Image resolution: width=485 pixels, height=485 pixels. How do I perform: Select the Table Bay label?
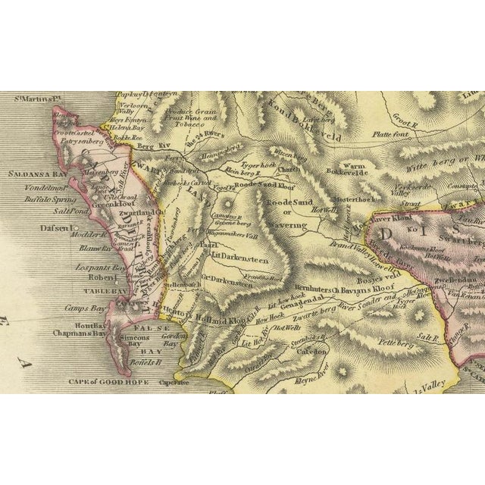tap(70, 289)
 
